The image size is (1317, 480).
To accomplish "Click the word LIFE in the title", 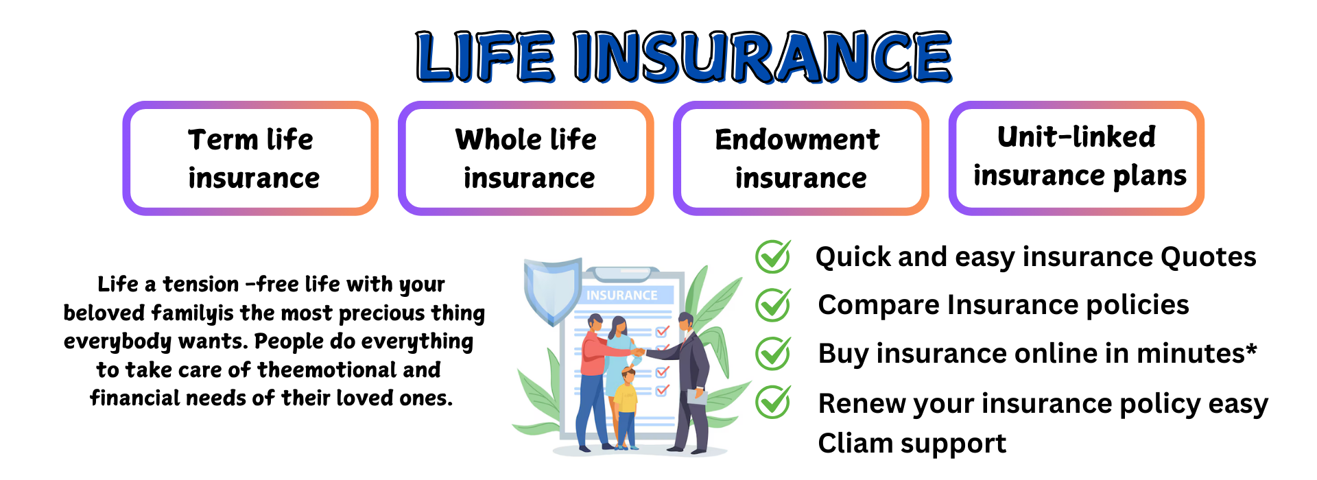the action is click(x=485, y=57).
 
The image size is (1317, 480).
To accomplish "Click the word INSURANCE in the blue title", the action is click(x=762, y=57).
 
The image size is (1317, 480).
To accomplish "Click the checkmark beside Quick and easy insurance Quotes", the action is click(x=773, y=256).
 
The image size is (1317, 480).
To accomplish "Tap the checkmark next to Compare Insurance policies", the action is click(x=773, y=304).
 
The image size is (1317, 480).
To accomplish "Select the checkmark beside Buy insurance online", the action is click(x=773, y=353).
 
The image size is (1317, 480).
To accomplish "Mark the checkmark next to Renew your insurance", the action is click(x=773, y=402).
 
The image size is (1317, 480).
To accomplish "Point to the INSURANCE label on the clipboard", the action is click(x=622, y=296).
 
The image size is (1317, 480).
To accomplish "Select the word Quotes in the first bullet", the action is click(x=1209, y=257).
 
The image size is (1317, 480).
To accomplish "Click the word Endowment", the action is click(x=797, y=139).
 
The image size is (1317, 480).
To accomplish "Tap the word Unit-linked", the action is click(x=1076, y=136).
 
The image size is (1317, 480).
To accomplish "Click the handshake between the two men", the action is click(x=639, y=352).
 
